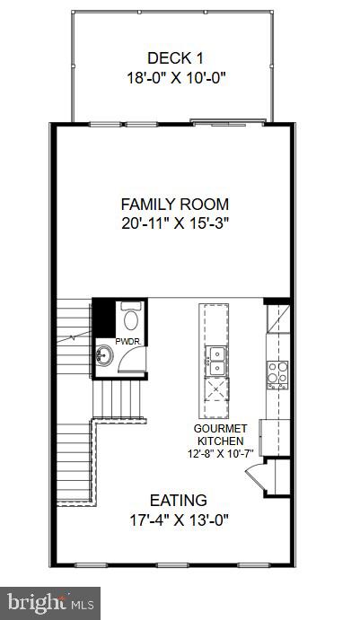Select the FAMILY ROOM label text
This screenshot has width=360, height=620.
[x=175, y=204]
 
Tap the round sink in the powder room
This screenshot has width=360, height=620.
[x=104, y=355]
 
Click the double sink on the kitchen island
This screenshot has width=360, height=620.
[x=215, y=362]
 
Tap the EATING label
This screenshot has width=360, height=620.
[x=178, y=500]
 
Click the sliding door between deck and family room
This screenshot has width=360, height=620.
[x=229, y=122]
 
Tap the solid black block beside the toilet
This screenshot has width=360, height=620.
[x=106, y=319]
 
